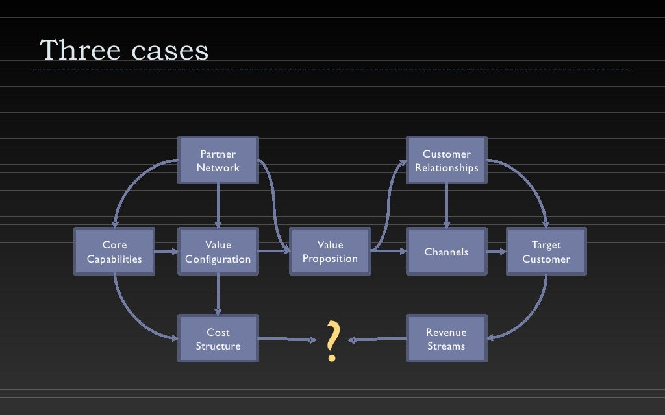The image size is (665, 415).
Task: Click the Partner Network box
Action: click(218, 160)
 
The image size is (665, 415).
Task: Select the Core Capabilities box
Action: click(114, 252)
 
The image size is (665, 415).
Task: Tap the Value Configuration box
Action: click(218, 252)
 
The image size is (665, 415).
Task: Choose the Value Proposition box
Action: click(330, 252)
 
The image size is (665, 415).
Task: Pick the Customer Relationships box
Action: click(446, 160)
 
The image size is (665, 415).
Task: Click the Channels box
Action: click(446, 252)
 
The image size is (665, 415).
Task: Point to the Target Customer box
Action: click(546, 252)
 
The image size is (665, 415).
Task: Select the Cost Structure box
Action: click(218, 339)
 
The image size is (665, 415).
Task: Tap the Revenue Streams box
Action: click(446, 339)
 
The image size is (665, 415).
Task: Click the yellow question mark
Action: click(332, 340)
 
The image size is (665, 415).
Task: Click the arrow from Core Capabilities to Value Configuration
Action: click(166, 252)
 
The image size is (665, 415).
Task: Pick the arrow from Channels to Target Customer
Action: click(496, 252)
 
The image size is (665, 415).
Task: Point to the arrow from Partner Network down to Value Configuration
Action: click(218, 206)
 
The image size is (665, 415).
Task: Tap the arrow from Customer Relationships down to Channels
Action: click(446, 206)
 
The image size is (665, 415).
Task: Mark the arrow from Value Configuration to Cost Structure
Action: click(218, 295)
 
